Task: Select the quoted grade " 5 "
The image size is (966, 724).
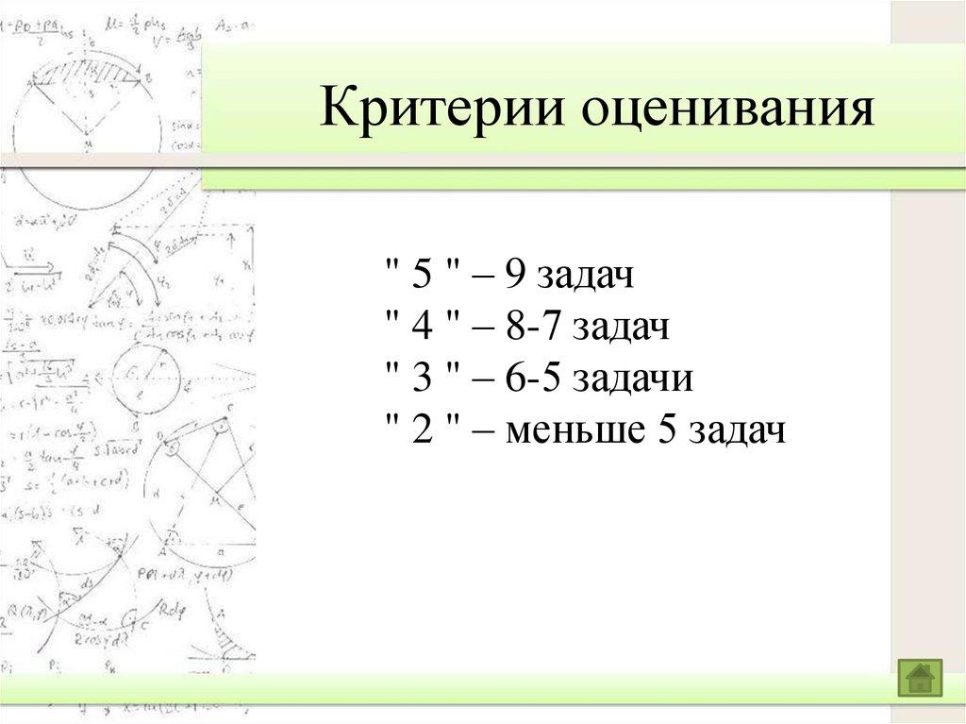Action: [x=422, y=278]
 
